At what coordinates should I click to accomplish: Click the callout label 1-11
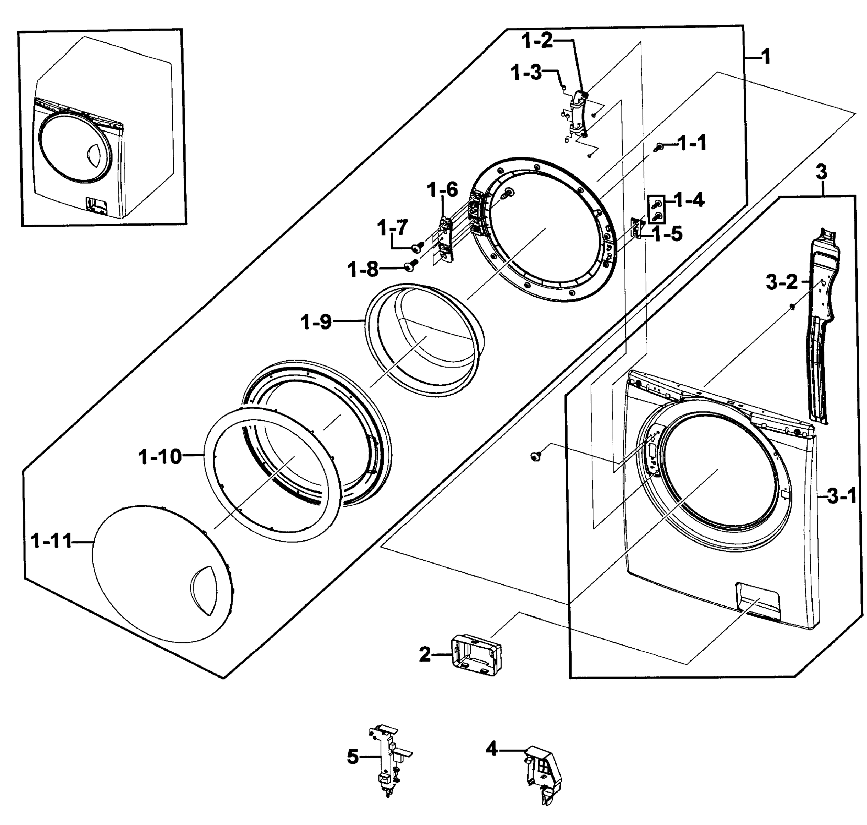coord(51,541)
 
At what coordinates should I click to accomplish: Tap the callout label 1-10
coord(160,456)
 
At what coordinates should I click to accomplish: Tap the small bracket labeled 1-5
coord(636,228)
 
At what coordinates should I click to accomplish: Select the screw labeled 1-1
coord(659,148)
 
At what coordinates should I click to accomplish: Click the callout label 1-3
coord(526,73)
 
